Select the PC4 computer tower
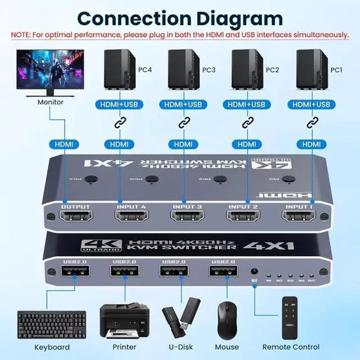pos(119,72)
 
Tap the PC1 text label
pos(336,70)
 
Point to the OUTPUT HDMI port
pos(75,217)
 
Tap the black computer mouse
pos(227,319)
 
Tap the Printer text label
pos(125,347)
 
